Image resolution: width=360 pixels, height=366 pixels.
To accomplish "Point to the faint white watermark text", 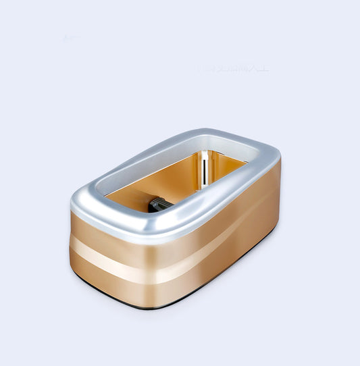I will coord(233,68).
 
